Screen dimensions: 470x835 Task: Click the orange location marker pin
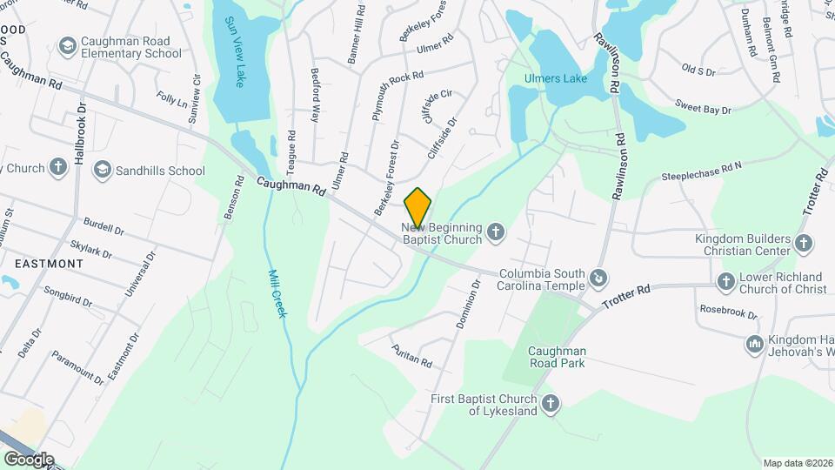coord(417,207)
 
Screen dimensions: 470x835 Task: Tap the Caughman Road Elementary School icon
coord(67,45)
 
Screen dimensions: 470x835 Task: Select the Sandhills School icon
coord(103,171)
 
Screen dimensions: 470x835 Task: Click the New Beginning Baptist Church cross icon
coord(495,232)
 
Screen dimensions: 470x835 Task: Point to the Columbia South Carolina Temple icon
coord(598,279)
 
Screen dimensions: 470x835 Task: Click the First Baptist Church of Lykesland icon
coord(550,404)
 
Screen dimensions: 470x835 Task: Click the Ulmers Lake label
coord(555,78)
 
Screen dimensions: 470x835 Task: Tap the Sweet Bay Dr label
coord(703,107)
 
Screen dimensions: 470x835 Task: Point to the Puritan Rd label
coord(412,355)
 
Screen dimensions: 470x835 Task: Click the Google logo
coord(28,459)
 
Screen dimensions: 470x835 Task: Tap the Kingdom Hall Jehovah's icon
coord(753,345)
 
